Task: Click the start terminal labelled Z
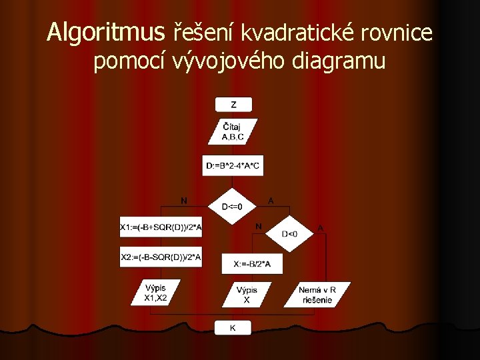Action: point(233,105)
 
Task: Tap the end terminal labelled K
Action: point(233,328)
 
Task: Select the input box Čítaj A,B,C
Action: point(233,131)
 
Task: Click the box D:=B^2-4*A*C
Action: point(233,165)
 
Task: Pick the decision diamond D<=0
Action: point(232,206)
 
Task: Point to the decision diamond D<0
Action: point(289,233)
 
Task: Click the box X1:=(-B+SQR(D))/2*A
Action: point(161,227)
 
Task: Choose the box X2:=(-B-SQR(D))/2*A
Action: point(161,257)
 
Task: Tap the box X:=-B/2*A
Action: point(251,264)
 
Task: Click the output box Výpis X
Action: point(246,295)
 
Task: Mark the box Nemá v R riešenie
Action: point(317,295)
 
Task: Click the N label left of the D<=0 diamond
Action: point(183,200)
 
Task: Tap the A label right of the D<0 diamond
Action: point(321,228)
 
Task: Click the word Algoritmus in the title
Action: point(105,31)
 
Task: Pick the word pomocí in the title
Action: point(130,61)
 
